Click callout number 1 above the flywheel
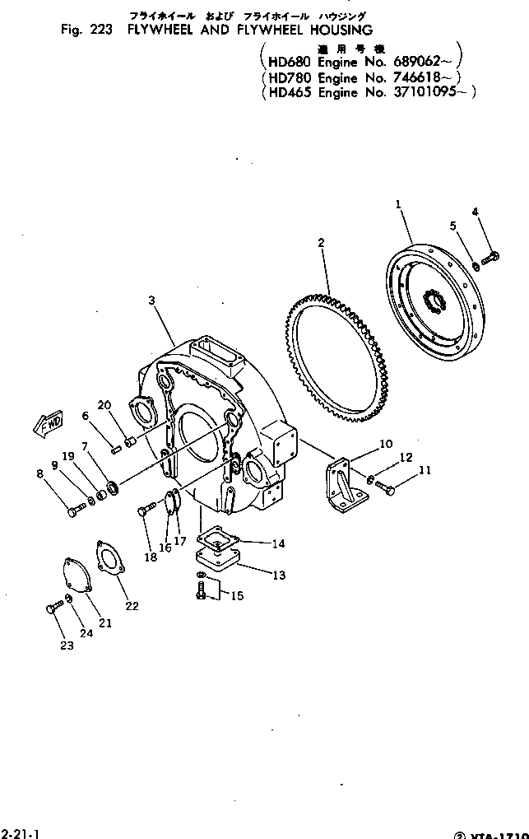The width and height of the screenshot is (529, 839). point(398,203)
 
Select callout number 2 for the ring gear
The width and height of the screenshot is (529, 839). point(321,242)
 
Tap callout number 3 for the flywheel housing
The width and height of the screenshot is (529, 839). point(151,301)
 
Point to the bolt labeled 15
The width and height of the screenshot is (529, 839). point(202,590)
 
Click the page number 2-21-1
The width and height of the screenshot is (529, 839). point(17,832)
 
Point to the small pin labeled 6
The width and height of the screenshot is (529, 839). point(117,449)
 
